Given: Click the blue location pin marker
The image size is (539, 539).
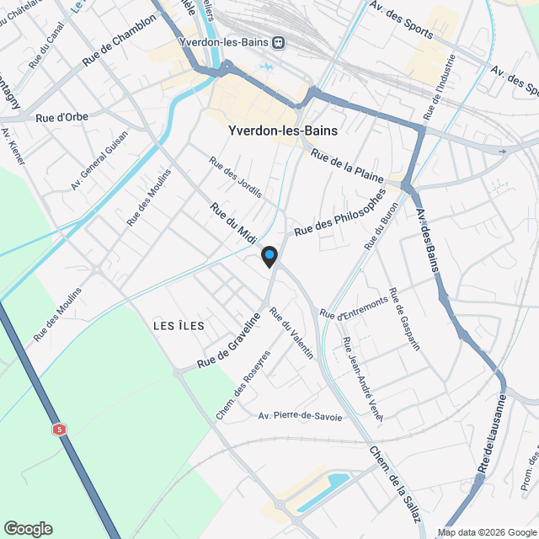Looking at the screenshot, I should click(x=269, y=256).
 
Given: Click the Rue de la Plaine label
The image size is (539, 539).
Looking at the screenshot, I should click(x=347, y=167).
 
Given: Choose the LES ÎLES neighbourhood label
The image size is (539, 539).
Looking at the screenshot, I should click(x=179, y=325).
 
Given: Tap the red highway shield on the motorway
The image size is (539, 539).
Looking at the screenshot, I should click(x=59, y=430).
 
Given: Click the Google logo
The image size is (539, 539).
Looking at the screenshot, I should click(x=28, y=529).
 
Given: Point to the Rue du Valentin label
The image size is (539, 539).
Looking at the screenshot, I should click(x=291, y=334).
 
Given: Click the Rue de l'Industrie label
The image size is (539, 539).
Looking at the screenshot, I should click(x=444, y=87).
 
